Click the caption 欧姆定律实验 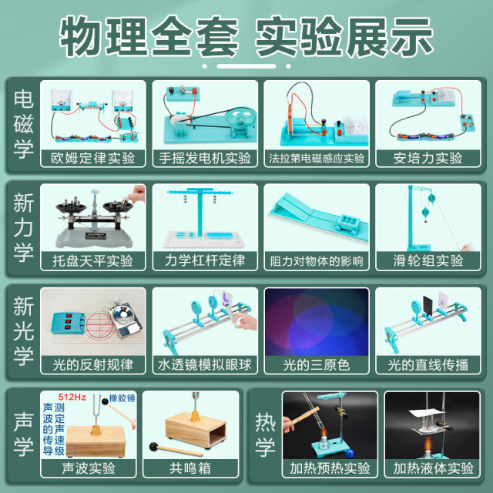95,158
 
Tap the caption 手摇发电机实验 205,158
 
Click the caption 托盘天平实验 95,261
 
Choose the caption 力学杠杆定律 205,261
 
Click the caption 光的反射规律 95,364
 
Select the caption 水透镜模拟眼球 205,364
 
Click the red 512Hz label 72,397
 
